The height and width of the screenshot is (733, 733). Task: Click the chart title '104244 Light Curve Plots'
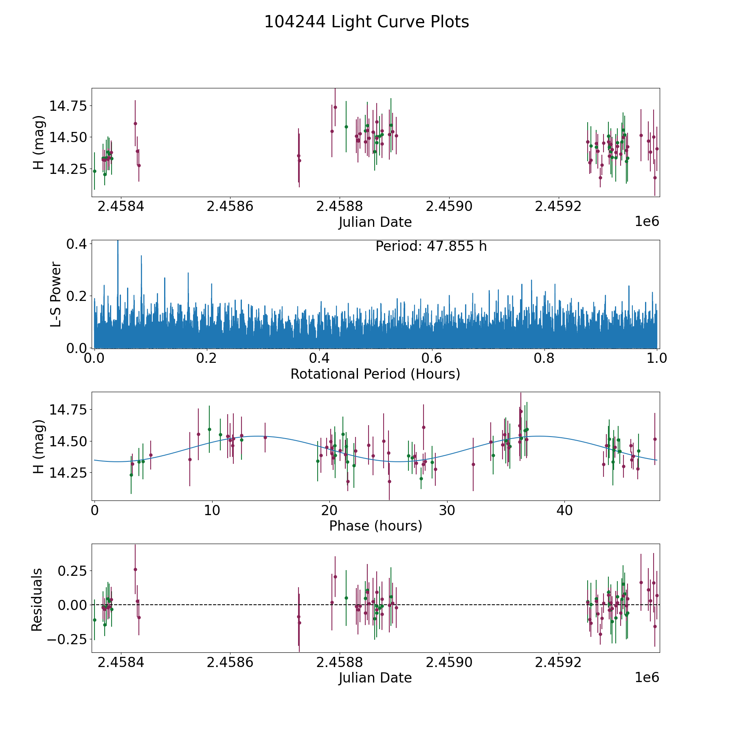pyautogui.click(x=366, y=22)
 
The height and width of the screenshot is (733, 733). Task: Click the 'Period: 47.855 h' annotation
pyautogui.click(x=431, y=246)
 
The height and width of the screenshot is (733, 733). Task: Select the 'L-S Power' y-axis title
pyautogui.click(x=56, y=294)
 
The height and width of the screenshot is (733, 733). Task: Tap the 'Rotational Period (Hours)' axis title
pyautogui.click(x=375, y=374)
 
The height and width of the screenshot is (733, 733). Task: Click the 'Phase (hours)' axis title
pyautogui.click(x=375, y=526)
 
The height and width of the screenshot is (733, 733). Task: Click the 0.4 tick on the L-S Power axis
pyautogui.click(x=77, y=244)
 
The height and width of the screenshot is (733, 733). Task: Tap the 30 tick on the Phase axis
pyautogui.click(x=447, y=510)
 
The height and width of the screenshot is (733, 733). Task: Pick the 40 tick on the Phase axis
pyautogui.click(x=564, y=510)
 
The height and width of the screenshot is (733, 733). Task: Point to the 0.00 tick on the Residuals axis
pyautogui.click(x=72, y=605)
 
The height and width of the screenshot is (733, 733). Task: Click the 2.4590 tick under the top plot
pyautogui.click(x=449, y=206)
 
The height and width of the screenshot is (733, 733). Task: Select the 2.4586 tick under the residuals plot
pyautogui.click(x=230, y=663)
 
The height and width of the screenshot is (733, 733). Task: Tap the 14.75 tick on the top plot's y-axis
pyautogui.click(x=68, y=106)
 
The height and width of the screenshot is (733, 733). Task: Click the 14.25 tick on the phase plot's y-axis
pyautogui.click(x=68, y=473)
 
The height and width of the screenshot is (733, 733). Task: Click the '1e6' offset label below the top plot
pyautogui.click(x=647, y=222)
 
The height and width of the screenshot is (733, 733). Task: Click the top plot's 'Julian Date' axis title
pyautogui.click(x=375, y=222)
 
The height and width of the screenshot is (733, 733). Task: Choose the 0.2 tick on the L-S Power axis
pyautogui.click(x=77, y=296)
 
